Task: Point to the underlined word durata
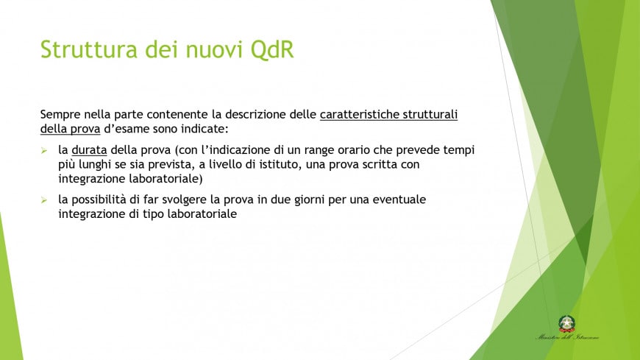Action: [89, 150]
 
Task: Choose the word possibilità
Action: [106, 200]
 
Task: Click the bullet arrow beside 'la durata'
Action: [44, 150]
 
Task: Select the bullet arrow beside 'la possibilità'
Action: [44, 200]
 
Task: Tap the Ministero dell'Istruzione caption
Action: [566, 338]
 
